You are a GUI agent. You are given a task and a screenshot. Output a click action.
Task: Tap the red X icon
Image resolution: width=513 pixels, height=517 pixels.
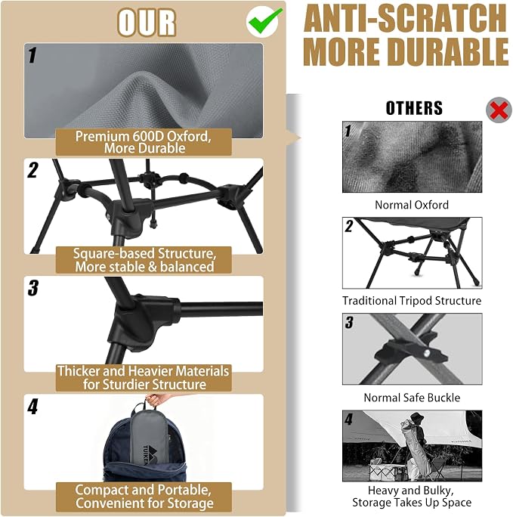pos(499,110)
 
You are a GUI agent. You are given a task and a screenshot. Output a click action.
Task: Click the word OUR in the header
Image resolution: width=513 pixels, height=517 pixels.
pos(147,23)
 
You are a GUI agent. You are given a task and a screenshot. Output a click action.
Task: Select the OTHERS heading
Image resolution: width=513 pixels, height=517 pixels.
pos(414,108)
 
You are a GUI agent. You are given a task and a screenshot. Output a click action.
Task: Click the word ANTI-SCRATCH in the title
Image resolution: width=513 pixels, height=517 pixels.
pos(405,19)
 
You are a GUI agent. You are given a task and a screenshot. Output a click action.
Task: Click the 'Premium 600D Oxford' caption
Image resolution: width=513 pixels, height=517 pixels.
pos(144,136)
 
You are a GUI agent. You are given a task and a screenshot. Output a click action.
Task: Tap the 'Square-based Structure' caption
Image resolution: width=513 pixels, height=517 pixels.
pos(144,253)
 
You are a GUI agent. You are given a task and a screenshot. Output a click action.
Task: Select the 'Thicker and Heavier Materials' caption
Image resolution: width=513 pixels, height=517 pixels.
pos(144,371)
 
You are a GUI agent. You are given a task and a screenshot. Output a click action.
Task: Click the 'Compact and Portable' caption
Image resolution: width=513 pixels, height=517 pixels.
pos(143,490)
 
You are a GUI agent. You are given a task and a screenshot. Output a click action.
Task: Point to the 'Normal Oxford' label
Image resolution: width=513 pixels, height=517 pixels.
pos(412,205)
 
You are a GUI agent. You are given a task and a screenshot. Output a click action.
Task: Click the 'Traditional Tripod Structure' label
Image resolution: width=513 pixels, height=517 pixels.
pos(412,301)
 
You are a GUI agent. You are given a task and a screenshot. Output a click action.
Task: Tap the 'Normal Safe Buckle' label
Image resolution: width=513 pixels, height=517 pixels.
pos(412,398)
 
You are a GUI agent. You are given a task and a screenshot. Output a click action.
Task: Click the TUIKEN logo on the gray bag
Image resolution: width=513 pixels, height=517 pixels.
pos(150,454)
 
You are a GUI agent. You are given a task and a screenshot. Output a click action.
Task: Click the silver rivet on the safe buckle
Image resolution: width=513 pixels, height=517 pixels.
pos(426,353)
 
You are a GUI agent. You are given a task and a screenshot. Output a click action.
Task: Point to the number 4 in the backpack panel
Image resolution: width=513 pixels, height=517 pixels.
pos(32,407)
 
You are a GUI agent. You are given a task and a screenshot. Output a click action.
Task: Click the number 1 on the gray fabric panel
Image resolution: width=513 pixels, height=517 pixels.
pos(32,55)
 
